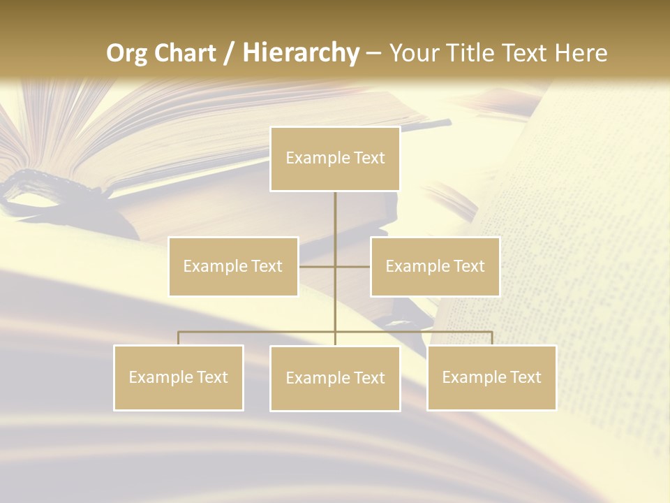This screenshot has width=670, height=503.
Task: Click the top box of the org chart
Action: [x=335, y=159]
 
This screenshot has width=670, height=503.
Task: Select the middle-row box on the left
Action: [x=233, y=266]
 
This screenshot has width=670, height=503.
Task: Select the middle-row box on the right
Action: [x=435, y=266]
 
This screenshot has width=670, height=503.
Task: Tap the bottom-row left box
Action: [x=179, y=377]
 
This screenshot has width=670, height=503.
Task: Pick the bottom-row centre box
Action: [x=335, y=378]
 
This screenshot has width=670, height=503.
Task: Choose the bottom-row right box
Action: [x=491, y=377]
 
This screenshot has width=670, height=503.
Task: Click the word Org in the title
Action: [x=126, y=52]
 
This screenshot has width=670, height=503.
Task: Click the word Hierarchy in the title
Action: [x=300, y=52]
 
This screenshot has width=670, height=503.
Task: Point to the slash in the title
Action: [x=229, y=53]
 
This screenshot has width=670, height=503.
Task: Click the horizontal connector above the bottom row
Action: [x=258, y=331]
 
